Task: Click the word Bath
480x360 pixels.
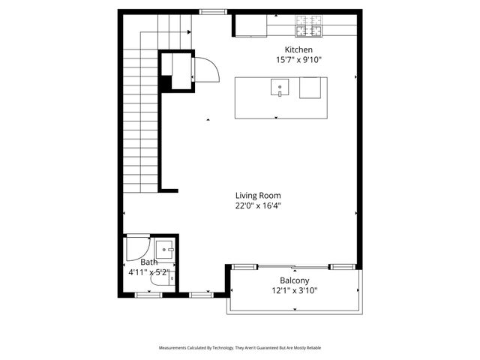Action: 148,262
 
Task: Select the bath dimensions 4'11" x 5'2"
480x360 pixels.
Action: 149,272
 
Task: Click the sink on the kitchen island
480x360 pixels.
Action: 280,88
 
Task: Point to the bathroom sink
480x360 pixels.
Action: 166,249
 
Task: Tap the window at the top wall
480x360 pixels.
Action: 214,11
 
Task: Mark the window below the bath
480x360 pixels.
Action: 148,295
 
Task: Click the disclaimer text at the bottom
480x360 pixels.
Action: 240,348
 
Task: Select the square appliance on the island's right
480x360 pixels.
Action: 310,88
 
